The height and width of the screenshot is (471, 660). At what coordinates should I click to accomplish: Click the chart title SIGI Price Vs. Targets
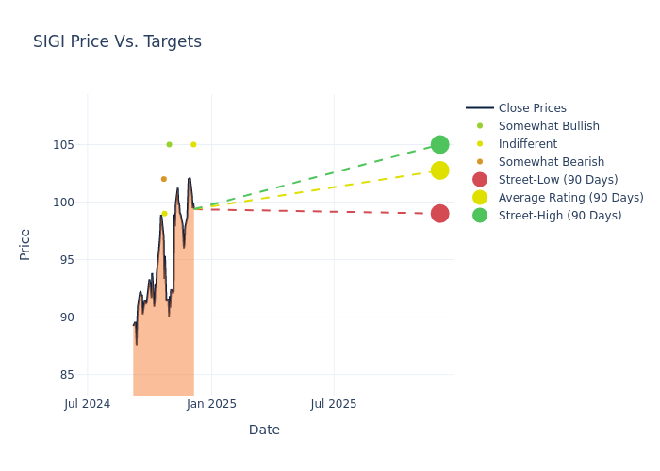tap(117, 41)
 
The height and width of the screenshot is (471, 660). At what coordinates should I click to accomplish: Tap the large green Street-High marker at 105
tap(439, 144)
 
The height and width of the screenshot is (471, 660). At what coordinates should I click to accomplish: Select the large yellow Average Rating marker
tap(439, 171)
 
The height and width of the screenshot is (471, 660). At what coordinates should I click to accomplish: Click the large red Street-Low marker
tap(439, 214)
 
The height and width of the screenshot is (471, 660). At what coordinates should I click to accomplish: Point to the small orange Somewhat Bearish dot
tap(163, 179)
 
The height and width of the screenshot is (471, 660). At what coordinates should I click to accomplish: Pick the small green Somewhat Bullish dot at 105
tap(169, 144)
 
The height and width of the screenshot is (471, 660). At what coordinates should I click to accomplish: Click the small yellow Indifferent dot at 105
tap(193, 144)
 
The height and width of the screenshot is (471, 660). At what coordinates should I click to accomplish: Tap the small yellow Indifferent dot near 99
tap(164, 214)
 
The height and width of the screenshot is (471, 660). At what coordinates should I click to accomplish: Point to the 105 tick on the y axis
tap(61, 145)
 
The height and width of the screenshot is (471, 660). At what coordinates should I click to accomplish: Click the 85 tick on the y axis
tap(65, 375)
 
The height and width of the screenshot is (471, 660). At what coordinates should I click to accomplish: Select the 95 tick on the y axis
tap(65, 260)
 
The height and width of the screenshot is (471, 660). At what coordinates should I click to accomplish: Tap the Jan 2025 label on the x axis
tap(211, 404)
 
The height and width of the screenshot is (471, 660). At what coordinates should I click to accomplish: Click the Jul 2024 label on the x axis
tap(88, 404)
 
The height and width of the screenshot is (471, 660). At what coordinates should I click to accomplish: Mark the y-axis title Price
tap(25, 244)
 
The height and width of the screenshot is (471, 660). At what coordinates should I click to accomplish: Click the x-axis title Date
tap(264, 430)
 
